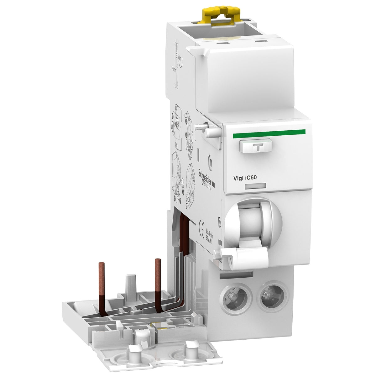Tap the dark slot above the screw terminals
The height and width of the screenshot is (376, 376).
coord(237,275)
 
